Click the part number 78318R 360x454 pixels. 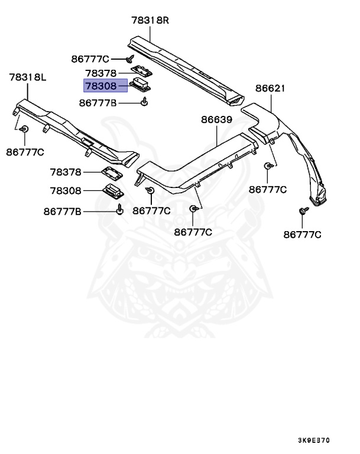[x=150, y=20]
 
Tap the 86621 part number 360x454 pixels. [x=270, y=89]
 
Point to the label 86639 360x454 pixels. [x=216, y=119]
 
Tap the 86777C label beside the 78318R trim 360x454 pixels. [x=90, y=59]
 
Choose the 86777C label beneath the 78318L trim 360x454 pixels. [x=25, y=152]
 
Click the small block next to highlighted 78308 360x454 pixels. [x=140, y=85]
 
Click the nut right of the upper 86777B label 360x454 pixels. [x=144, y=103]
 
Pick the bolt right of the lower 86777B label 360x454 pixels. [x=120, y=209]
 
